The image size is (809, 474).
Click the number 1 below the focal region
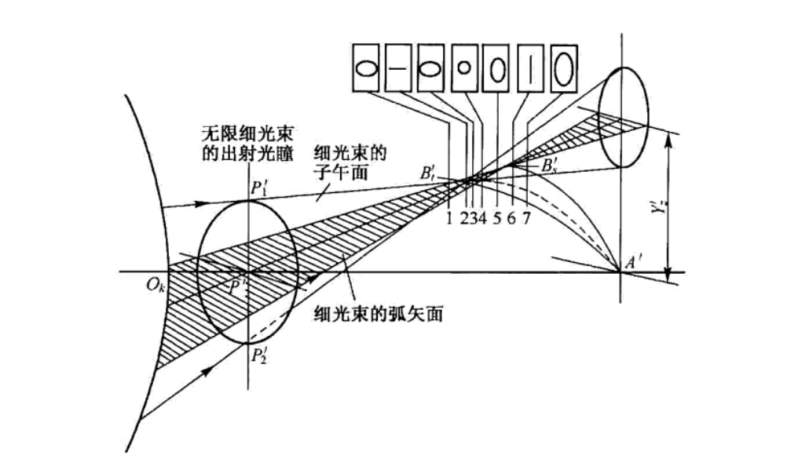pos(448,217)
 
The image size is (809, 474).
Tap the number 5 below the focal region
pos(498,217)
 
